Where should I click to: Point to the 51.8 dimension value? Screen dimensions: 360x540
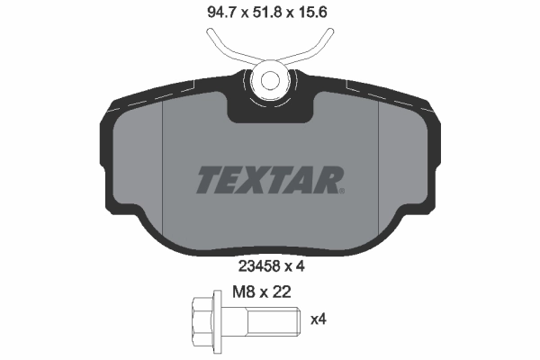269,13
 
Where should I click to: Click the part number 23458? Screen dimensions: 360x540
256,265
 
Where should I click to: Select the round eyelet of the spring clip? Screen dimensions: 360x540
269,78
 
